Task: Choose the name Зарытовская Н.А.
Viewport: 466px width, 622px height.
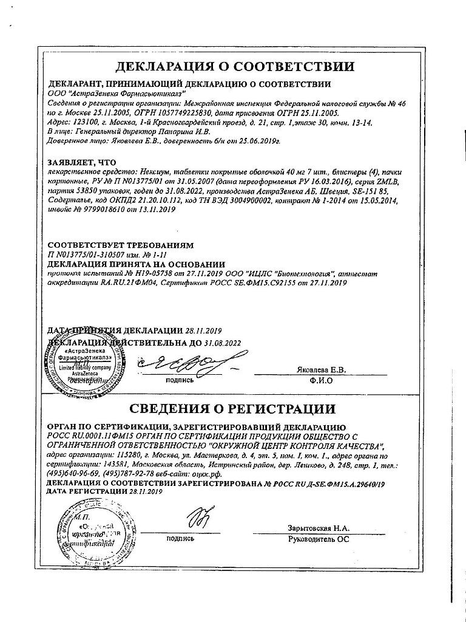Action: click(319, 528)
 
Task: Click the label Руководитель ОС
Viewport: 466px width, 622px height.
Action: click(319, 538)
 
